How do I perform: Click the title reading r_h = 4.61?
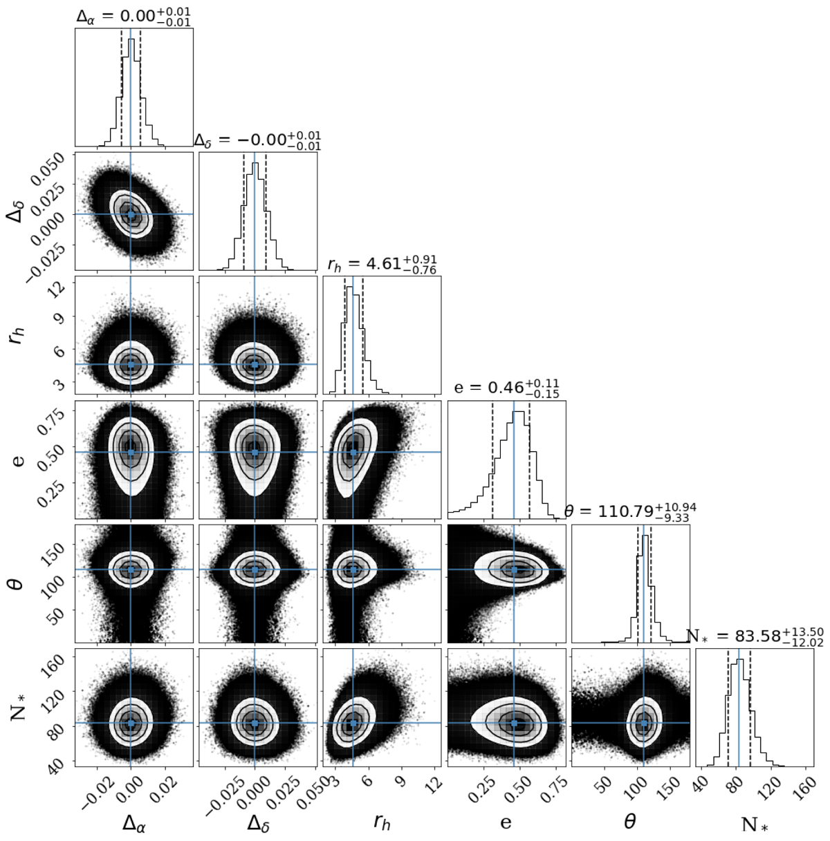pyautogui.click(x=382, y=263)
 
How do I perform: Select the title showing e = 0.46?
pyautogui.click(x=507, y=388)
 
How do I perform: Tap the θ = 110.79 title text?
pyautogui.click(x=630, y=511)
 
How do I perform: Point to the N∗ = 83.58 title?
pyautogui.click(x=755, y=636)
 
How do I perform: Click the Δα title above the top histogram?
pyautogui.click(x=133, y=17)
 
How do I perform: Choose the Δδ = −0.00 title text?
pyautogui.click(x=257, y=140)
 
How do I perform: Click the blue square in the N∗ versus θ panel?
pyautogui.click(x=643, y=723)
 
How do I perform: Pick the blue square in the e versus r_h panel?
pyautogui.click(x=353, y=452)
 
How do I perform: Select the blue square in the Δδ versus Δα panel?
pyautogui.click(x=131, y=214)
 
